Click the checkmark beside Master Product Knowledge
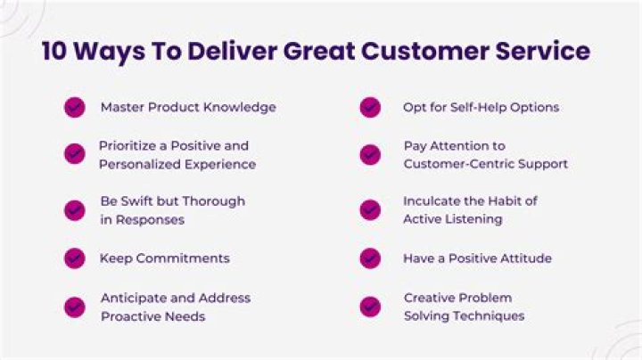pyautogui.click(x=75, y=108)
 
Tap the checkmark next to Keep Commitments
pyautogui.click(x=75, y=258)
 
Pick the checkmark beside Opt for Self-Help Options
pyautogui.click(x=370, y=108)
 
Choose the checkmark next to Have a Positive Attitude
pyautogui.click(x=370, y=258)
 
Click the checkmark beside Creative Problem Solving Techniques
pyautogui.click(x=370, y=307)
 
